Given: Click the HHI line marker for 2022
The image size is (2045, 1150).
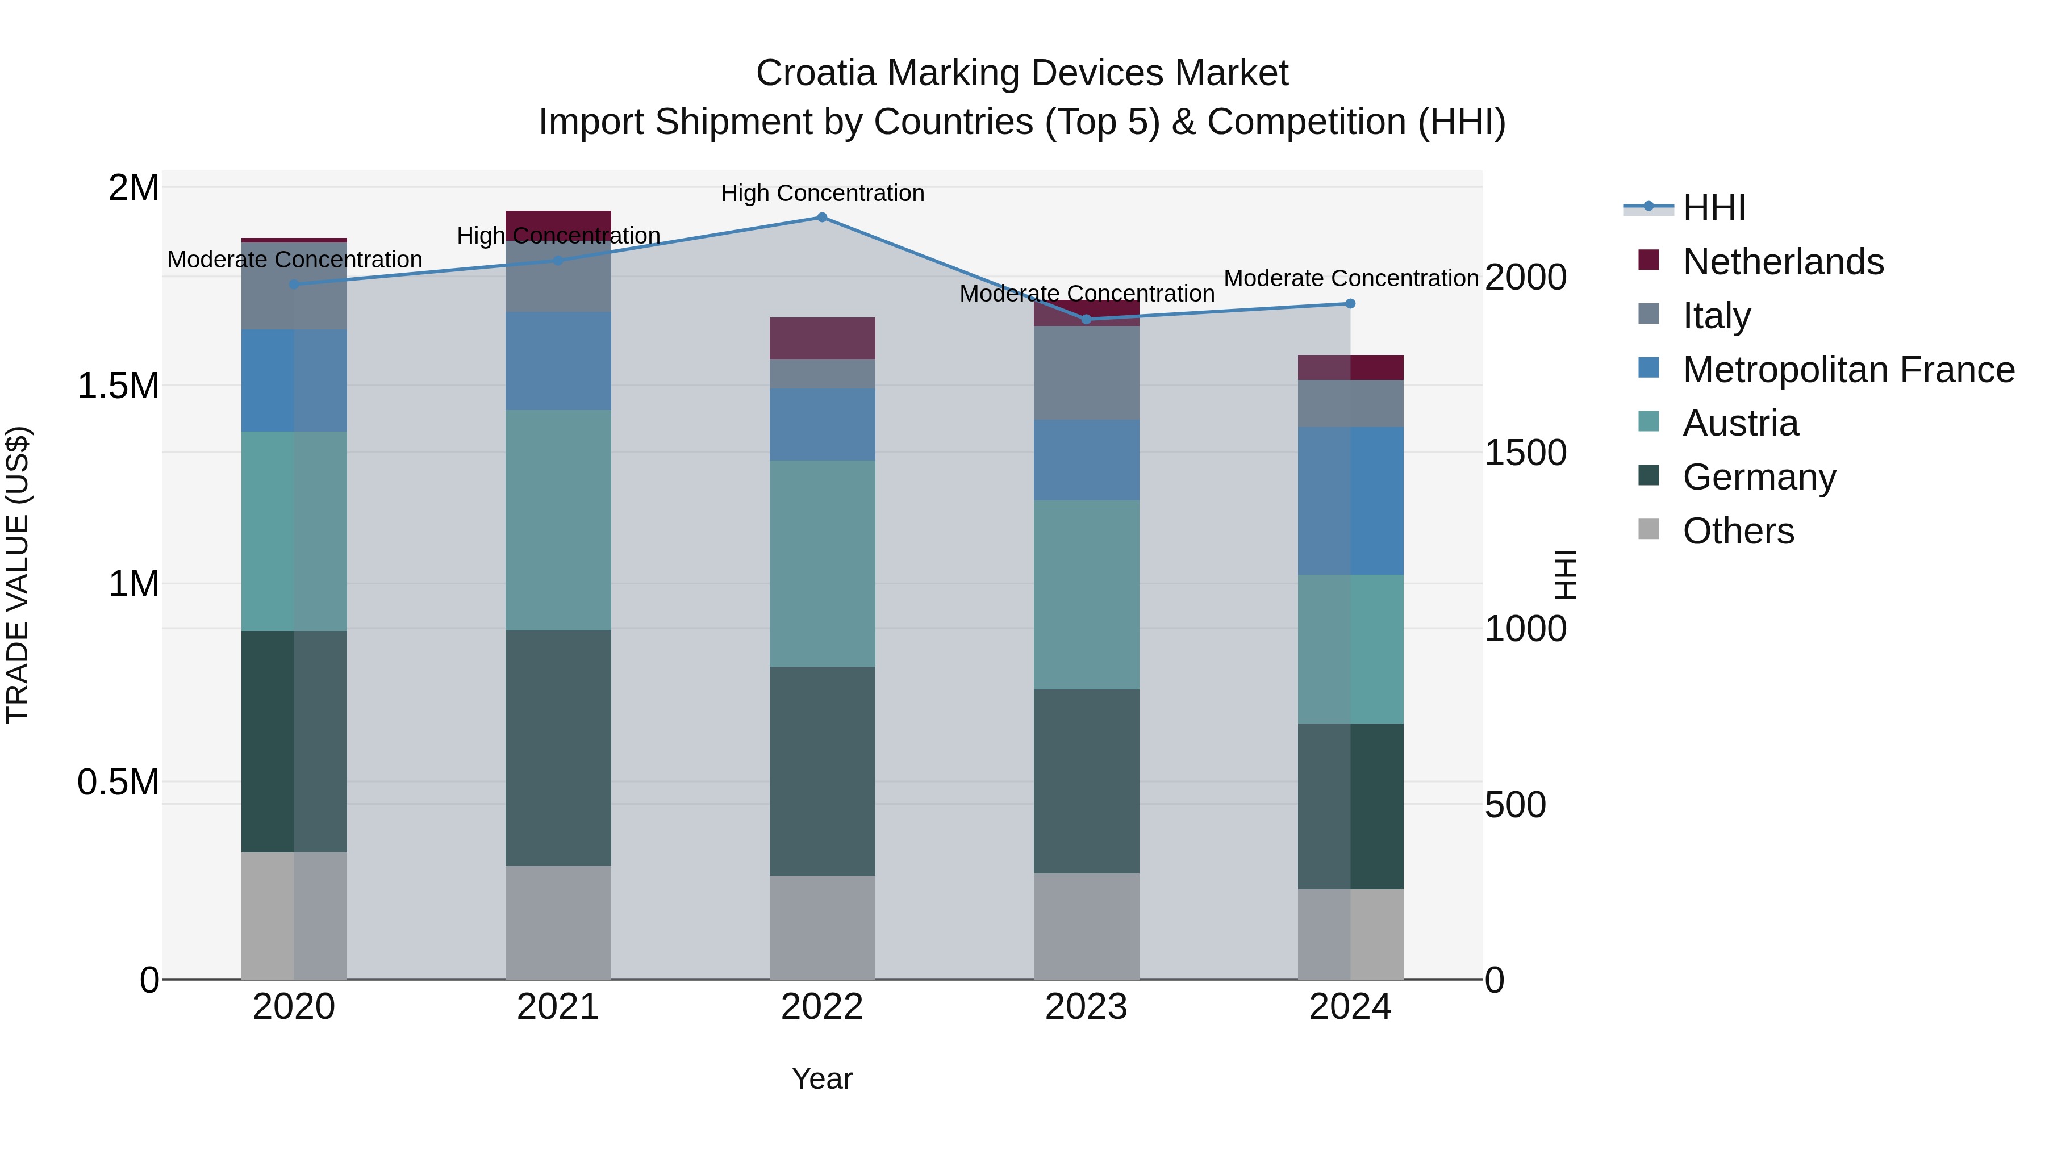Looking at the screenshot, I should tap(823, 218).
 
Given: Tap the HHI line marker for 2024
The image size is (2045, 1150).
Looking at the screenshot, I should tap(1350, 304).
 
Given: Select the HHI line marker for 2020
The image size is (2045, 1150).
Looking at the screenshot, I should tap(294, 284).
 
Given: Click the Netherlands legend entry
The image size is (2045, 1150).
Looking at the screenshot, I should tap(1782, 262).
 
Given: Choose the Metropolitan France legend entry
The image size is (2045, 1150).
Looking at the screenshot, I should tap(1848, 370).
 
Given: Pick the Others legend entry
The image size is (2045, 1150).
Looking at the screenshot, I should tap(1738, 531).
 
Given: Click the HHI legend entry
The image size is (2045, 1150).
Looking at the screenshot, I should tap(1713, 208).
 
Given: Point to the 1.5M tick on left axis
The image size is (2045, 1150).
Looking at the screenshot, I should tap(118, 387).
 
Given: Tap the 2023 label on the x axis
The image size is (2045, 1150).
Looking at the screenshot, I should tap(1086, 1007).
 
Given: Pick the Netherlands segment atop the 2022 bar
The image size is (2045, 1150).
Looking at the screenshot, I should tap(823, 339).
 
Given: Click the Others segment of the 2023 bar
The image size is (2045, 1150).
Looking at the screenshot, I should tap(1086, 926).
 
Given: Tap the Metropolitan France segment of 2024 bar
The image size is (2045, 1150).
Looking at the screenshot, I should tap(1350, 501).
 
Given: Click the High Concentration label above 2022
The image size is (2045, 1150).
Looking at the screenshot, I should tap(823, 194).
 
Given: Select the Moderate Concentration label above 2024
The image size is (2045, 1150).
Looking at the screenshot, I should tap(1350, 279).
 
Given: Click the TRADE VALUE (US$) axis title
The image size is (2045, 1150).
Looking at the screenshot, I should tap(18, 575).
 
